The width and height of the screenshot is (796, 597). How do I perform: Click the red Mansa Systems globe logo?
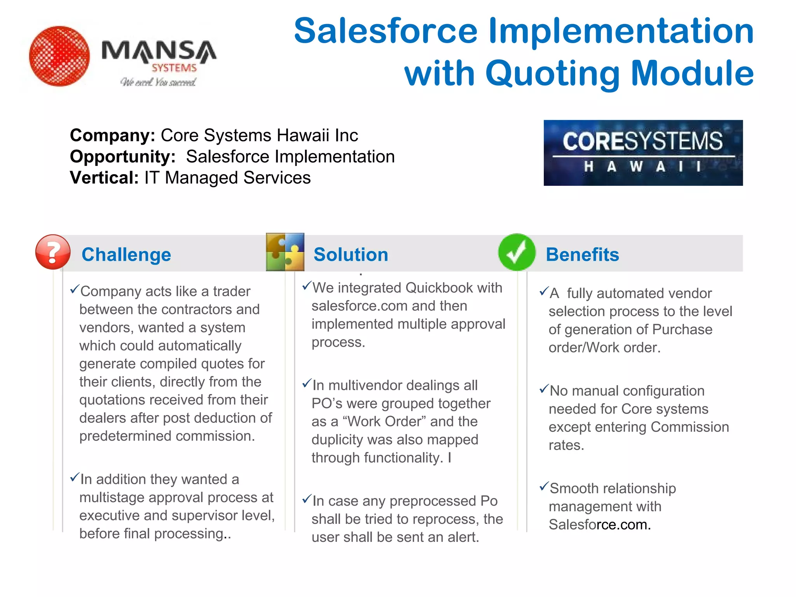[59, 56]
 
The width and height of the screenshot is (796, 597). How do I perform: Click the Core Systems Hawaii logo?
[643, 153]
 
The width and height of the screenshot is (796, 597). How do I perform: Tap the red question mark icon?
[53, 252]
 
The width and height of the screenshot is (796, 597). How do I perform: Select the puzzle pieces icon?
[285, 252]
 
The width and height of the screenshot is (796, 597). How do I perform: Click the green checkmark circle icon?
[517, 252]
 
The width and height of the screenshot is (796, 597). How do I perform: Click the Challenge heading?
[126, 255]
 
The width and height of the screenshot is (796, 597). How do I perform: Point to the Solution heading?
[351, 255]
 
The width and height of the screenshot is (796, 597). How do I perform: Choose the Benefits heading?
[582, 255]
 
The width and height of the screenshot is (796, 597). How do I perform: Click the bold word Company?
[112, 136]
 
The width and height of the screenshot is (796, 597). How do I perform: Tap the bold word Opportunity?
[122, 157]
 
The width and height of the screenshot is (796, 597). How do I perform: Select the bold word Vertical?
[104, 178]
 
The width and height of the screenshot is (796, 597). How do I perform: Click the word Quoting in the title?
[552, 74]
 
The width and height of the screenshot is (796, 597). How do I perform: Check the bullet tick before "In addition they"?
[74, 477]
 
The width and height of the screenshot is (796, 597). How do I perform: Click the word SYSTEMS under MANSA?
[174, 68]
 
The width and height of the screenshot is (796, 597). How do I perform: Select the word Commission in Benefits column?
[690, 427]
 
